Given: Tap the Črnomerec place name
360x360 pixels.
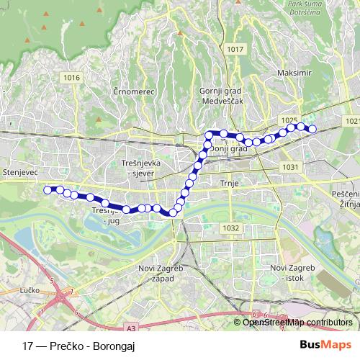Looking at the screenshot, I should click(130, 92).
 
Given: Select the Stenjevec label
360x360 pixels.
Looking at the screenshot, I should click(16, 174).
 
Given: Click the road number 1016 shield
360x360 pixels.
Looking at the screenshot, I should click(71, 77).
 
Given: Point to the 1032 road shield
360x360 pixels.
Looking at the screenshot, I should click(230, 228).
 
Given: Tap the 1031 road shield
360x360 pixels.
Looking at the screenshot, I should click(290, 166).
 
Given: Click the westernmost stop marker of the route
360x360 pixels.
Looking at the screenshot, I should click(48, 189).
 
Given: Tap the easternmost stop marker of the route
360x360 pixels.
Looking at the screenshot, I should click(312, 130).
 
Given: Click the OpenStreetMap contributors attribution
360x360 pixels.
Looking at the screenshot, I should click(297, 322).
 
